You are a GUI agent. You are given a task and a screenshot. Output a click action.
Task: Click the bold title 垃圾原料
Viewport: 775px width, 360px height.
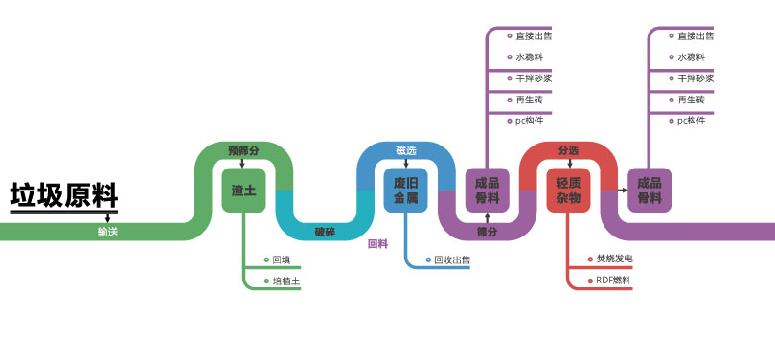click(63, 195)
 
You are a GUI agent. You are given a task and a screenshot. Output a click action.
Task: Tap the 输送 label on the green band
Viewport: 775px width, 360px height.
click(107, 232)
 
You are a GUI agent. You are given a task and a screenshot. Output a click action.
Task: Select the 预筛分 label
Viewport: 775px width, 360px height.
click(243, 151)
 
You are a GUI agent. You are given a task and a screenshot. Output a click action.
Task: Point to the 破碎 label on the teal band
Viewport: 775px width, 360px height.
click(326, 232)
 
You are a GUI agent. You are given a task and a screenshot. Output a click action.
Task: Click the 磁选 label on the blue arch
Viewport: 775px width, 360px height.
click(406, 150)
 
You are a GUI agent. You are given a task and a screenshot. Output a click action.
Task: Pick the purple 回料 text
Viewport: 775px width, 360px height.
click(377, 244)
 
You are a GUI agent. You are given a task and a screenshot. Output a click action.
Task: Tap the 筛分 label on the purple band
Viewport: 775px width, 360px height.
click(488, 232)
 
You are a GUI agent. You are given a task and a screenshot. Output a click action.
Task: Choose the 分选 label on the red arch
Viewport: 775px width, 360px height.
click(568, 150)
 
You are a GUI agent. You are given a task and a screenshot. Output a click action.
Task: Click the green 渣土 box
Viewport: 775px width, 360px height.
click(243, 191)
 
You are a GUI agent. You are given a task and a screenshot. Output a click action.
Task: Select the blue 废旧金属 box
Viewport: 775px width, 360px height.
click(406, 191)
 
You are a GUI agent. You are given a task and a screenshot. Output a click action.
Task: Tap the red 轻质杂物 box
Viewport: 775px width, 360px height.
click(568, 191)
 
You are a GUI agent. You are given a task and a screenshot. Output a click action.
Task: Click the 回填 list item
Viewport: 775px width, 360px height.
click(281, 259)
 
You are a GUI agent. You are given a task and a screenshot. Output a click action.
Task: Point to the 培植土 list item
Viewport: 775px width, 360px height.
click(286, 281)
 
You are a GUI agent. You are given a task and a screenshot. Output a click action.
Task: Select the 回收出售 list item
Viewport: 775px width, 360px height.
click(451, 259)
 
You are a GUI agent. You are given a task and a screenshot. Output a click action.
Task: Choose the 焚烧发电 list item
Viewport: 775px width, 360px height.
click(614, 259)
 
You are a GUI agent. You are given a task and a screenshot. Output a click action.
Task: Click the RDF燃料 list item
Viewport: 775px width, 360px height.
click(614, 281)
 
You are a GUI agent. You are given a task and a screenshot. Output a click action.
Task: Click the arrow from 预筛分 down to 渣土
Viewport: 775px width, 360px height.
click(243, 163)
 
